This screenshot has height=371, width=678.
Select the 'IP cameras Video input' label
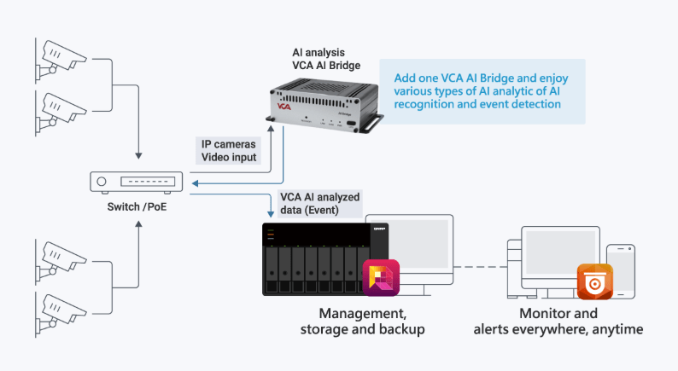[x=228, y=151]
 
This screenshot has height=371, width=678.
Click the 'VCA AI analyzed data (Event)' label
[x=320, y=202]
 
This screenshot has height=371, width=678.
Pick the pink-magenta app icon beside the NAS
[x=381, y=278]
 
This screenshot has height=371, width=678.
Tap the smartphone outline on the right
[x=620, y=269]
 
